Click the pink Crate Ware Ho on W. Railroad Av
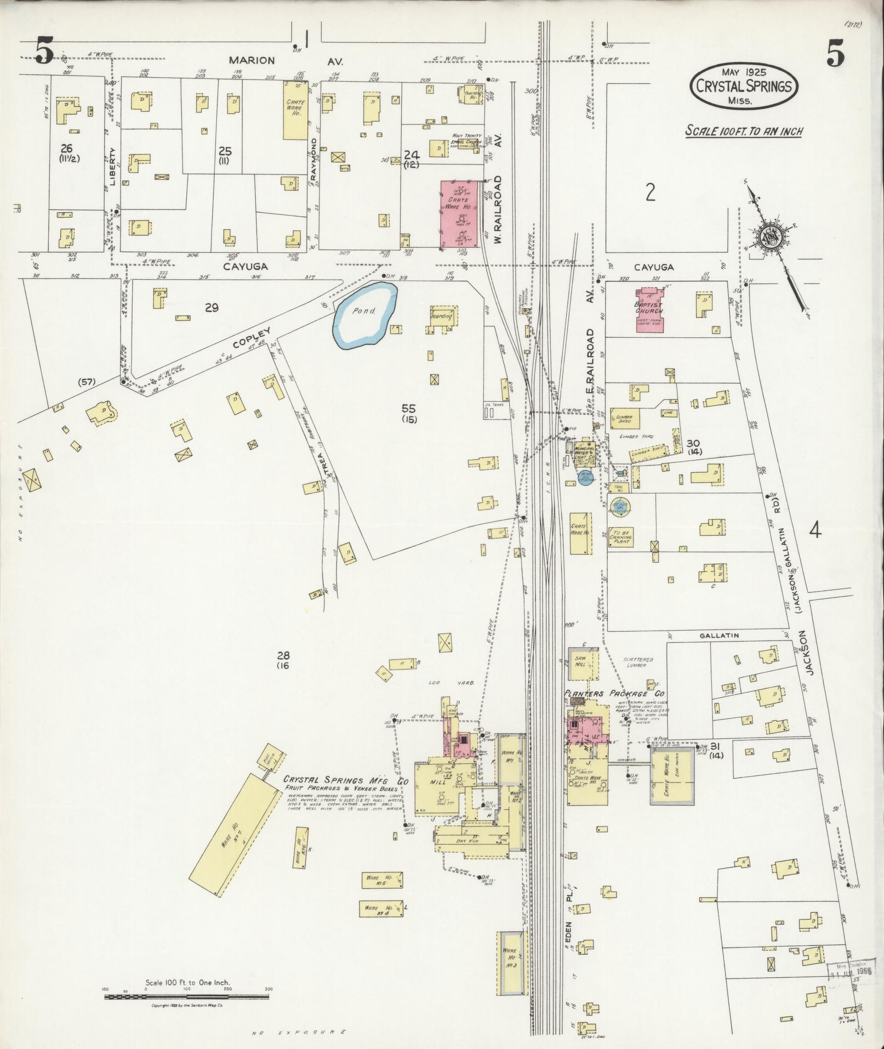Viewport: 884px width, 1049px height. pyautogui.click(x=459, y=215)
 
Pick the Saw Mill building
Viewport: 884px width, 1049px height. pyautogui.click(x=581, y=664)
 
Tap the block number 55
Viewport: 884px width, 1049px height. pyautogui.click(x=408, y=409)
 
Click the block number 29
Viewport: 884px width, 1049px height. pyautogui.click(x=212, y=308)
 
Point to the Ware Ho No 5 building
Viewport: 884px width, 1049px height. pyautogui.click(x=383, y=878)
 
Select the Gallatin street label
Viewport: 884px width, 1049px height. pyautogui.click(x=719, y=635)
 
